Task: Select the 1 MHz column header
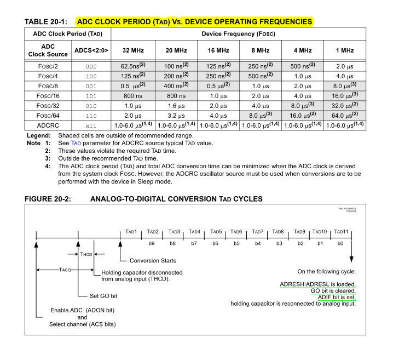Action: [x=344, y=50]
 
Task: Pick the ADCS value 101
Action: [x=91, y=95]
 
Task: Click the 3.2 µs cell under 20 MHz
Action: [x=175, y=115]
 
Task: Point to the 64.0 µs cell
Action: [x=344, y=115]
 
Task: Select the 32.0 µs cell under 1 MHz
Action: [x=344, y=105]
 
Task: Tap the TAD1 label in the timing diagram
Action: [x=131, y=232]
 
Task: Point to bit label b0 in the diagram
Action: [x=340, y=242]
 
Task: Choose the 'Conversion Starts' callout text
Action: [x=153, y=260]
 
